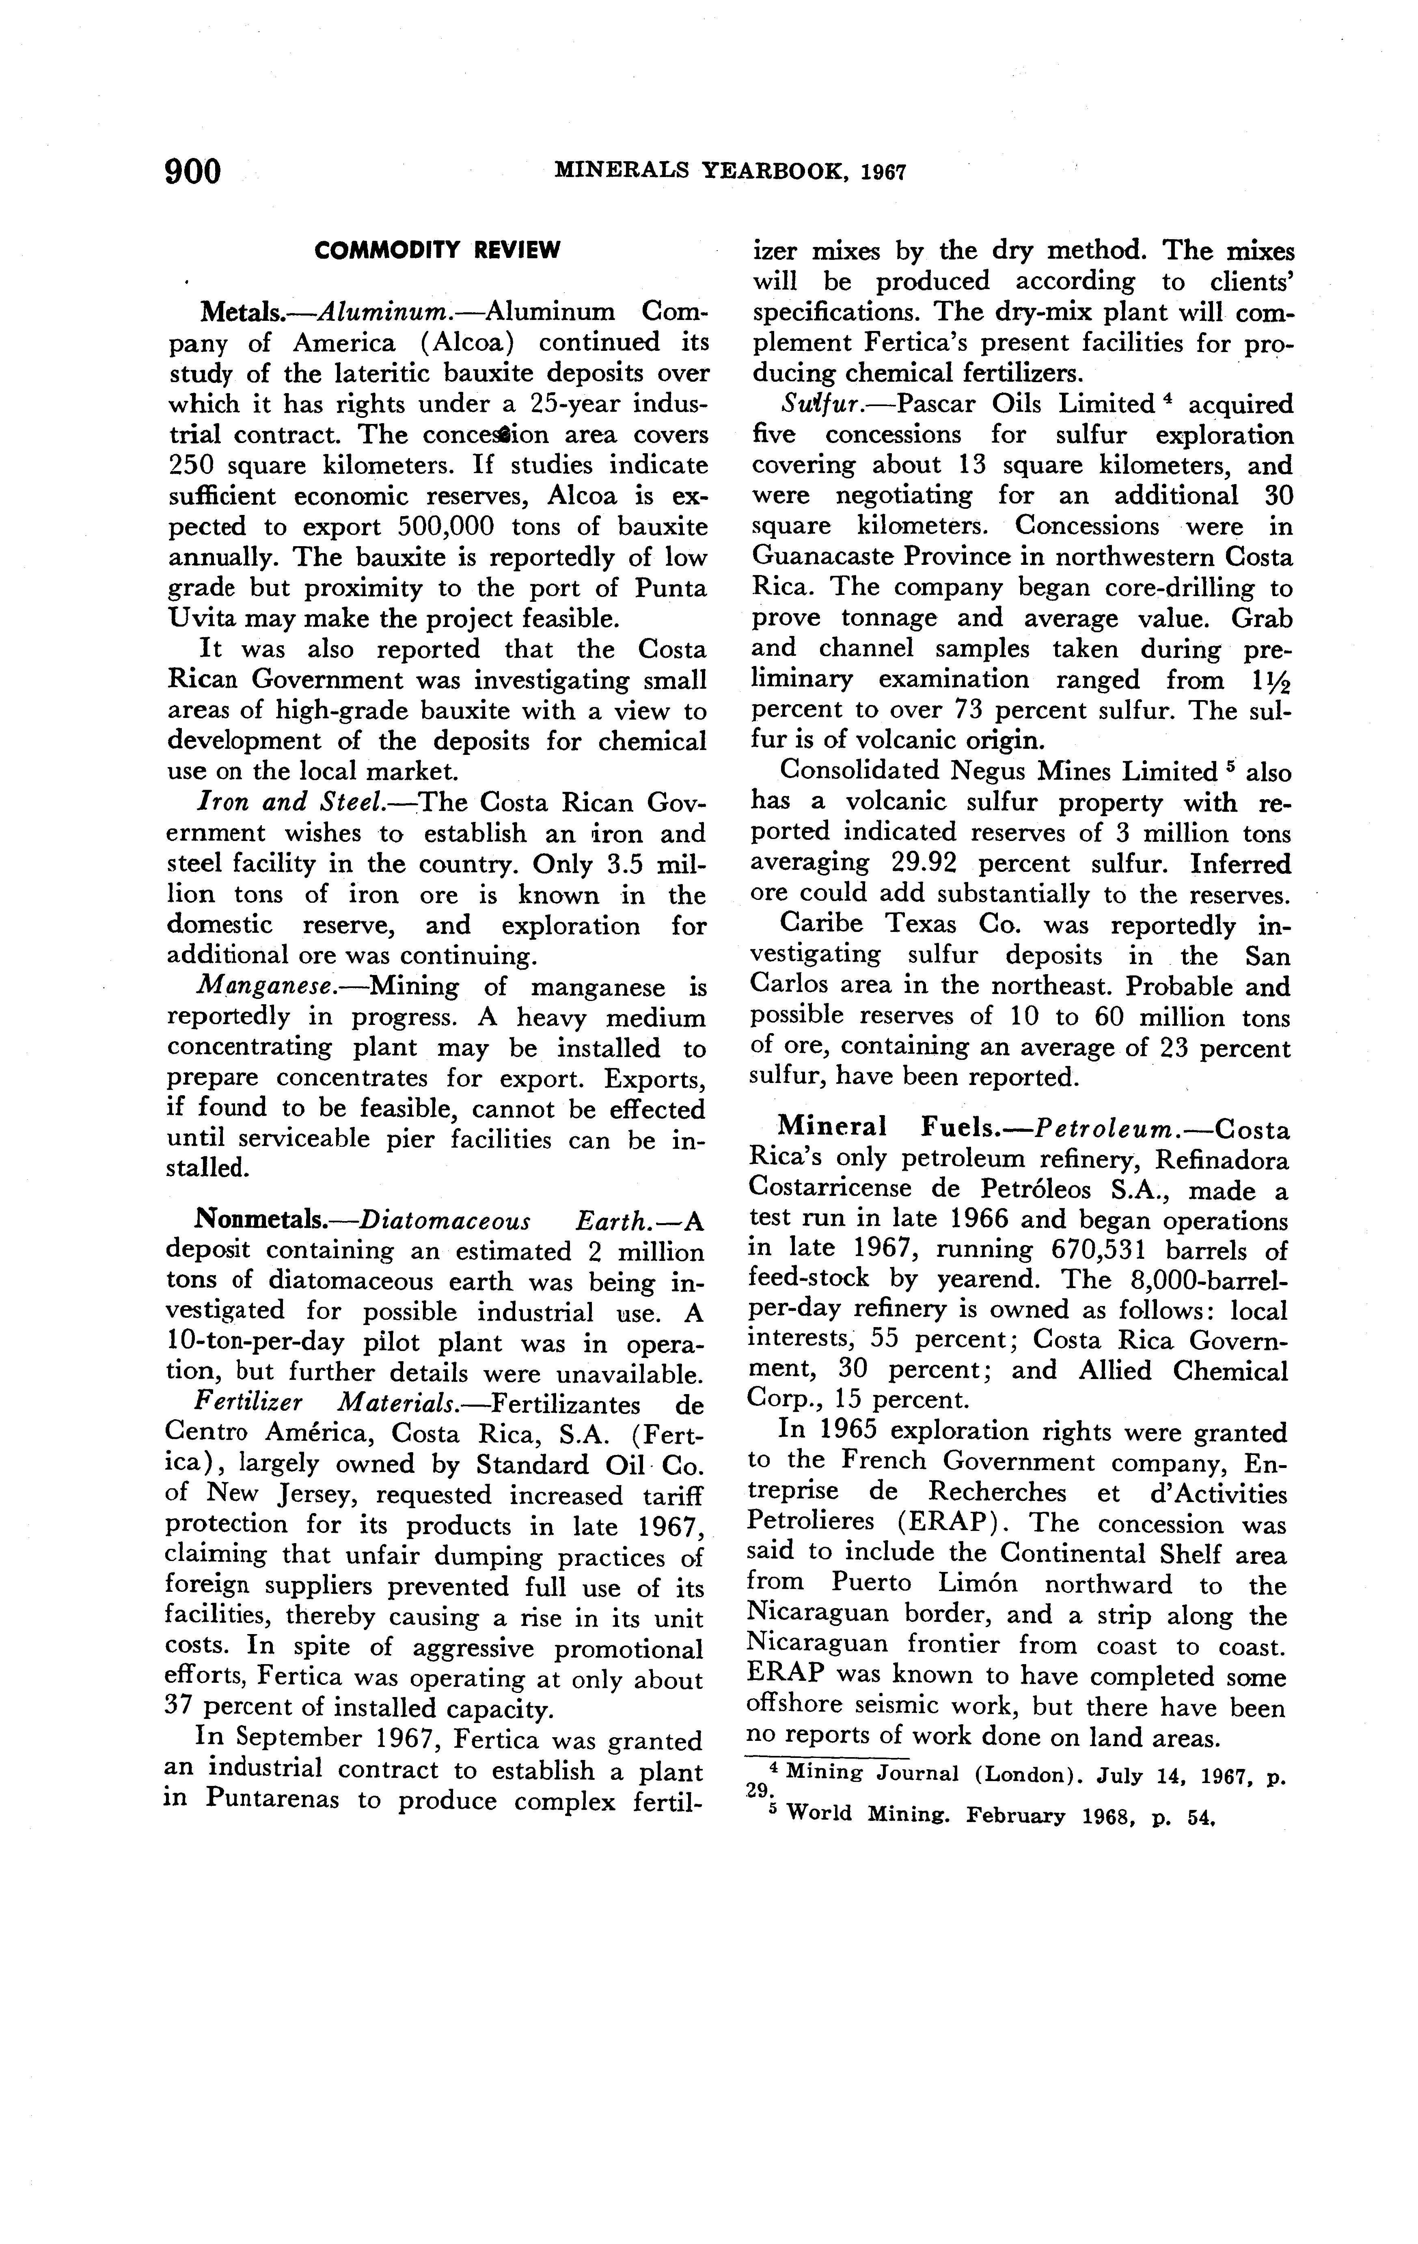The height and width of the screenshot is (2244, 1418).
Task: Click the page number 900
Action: [193, 173]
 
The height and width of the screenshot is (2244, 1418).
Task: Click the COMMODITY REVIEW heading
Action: [437, 251]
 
